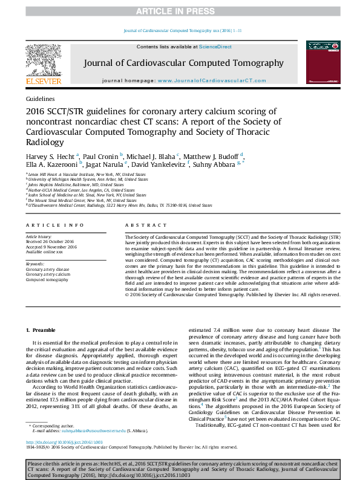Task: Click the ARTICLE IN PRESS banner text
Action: [x=180, y=11]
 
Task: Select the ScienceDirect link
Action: [x=215, y=46]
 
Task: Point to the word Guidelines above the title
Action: [x=40, y=98]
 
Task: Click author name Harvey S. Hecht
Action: [x=50, y=155]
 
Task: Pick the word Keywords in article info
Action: [x=34, y=264]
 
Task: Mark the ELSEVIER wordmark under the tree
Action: [x=43, y=80]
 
